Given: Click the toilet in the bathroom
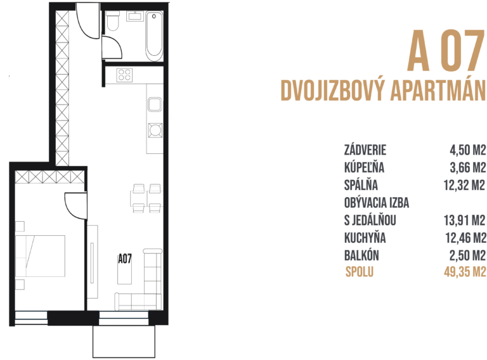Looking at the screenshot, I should [x=113, y=23].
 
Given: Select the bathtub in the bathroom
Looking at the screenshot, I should [x=154, y=36].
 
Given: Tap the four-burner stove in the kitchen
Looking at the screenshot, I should [x=124, y=75].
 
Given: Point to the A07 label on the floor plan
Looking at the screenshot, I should [x=125, y=259].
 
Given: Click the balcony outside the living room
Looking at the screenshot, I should [x=124, y=342].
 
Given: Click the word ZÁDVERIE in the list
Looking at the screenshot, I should [x=365, y=151].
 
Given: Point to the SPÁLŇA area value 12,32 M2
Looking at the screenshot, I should [x=464, y=186].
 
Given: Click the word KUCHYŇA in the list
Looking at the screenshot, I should [x=365, y=238].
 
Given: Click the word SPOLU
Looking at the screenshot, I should [x=360, y=273].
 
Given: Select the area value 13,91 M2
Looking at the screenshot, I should [x=464, y=221].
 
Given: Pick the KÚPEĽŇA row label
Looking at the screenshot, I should [x=364, y=168].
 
